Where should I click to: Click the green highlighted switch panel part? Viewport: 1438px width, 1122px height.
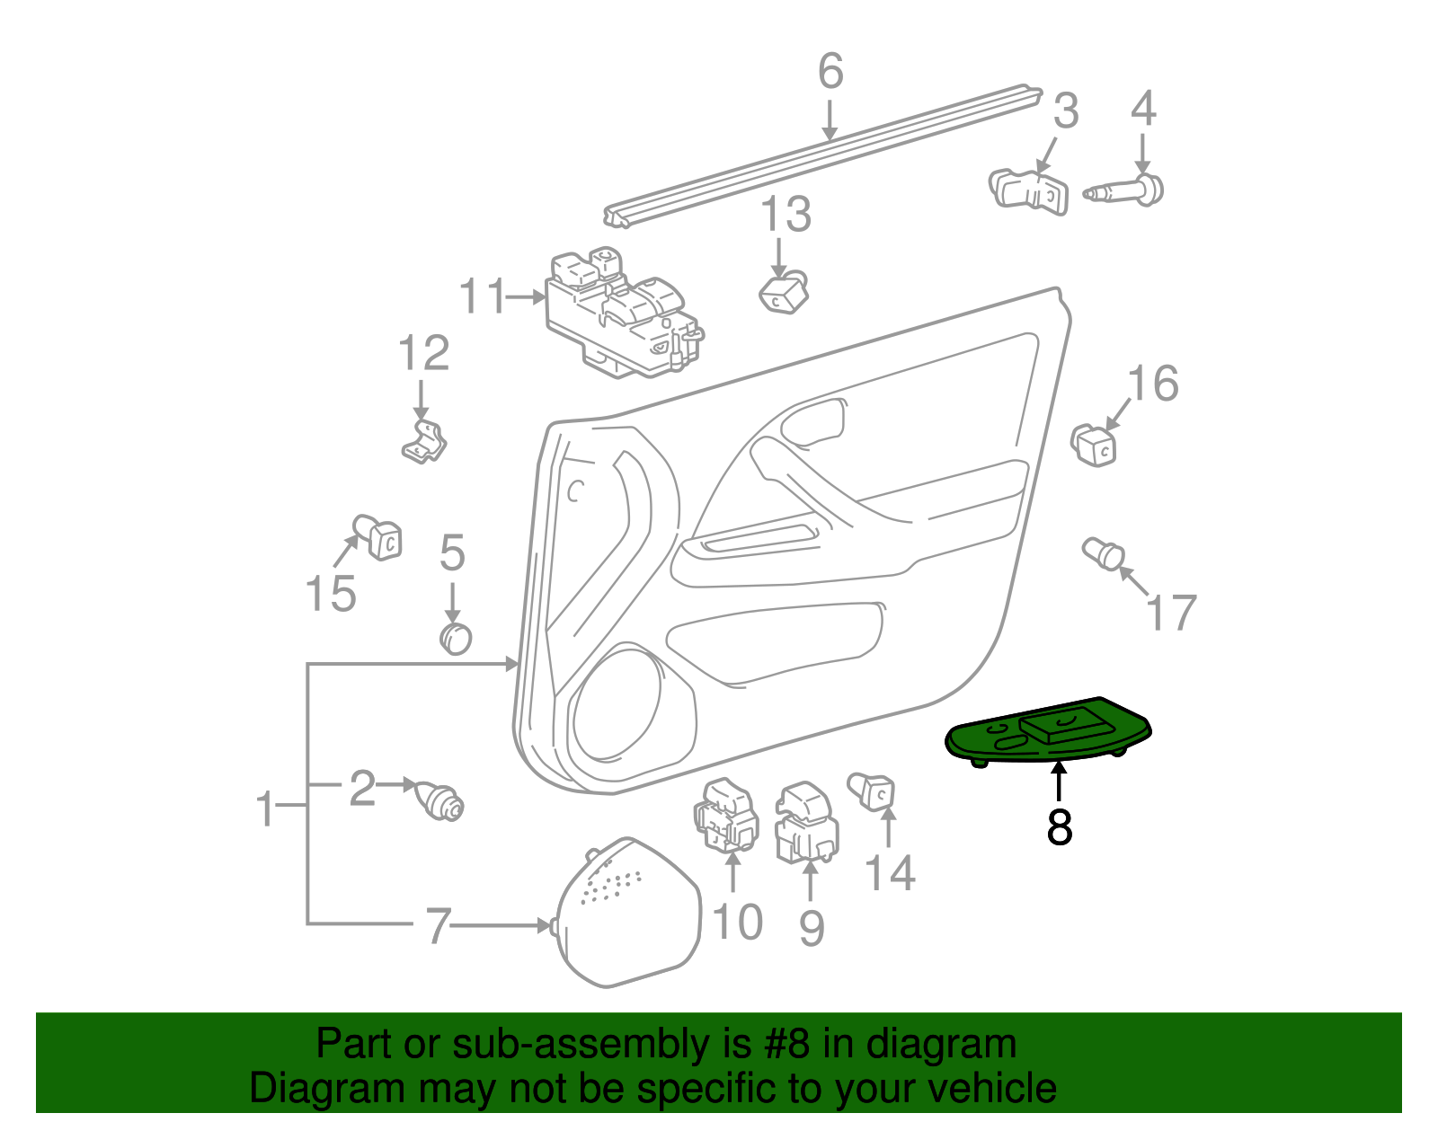click(1047, 732)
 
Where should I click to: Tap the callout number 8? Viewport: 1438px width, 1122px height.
click(1060, 826)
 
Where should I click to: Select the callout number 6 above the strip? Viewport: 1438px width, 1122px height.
click(830, 71)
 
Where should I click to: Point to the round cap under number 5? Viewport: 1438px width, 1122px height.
click(456, 638)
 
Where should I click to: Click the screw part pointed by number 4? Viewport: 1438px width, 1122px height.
click(1127, 191)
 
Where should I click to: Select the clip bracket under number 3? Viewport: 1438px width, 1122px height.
click(1030, 191)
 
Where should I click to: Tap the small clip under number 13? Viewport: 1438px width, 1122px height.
click(784, 293)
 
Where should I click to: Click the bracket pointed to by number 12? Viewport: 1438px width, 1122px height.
click(424, 441)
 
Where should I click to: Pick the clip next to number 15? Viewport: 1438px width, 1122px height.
click(378, 537)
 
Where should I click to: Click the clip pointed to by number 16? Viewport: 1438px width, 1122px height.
click(1094, 444)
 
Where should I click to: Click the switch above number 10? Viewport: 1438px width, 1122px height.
click(725, 816)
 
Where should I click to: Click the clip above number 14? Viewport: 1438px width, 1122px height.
click(872, 791)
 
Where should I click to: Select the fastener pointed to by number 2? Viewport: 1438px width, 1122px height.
click(439, 800)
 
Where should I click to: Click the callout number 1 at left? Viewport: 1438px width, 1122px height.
click(264, 808)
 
